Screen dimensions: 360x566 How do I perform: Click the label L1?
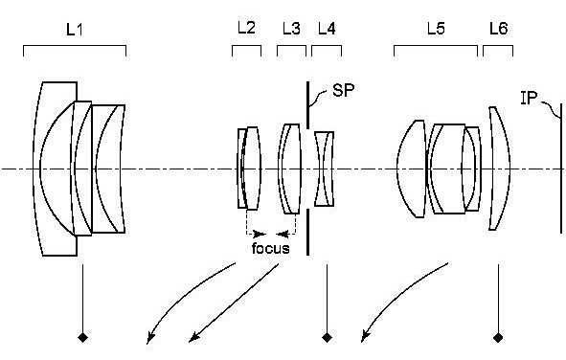74,31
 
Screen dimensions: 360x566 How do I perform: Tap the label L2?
246,29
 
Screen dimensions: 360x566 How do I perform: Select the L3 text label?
291,29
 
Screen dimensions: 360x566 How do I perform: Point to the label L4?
326,29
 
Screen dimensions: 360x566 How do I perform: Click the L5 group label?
436,30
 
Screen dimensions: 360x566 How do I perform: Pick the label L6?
498,30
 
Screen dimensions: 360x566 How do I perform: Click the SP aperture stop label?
343,91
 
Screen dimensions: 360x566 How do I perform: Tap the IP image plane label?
530,97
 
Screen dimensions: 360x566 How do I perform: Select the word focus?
270,248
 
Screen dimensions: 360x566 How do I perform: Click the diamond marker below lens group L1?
84,337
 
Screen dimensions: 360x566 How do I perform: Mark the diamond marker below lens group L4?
328,337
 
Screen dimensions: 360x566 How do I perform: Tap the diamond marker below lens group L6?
498,337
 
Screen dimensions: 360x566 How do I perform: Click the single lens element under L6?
497,169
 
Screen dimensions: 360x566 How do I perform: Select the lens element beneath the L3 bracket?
289,168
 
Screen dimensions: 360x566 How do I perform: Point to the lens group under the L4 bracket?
326,169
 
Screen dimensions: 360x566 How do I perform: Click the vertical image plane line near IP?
561,172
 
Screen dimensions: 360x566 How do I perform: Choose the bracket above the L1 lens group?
74,46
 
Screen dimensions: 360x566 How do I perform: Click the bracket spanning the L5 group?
436,46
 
